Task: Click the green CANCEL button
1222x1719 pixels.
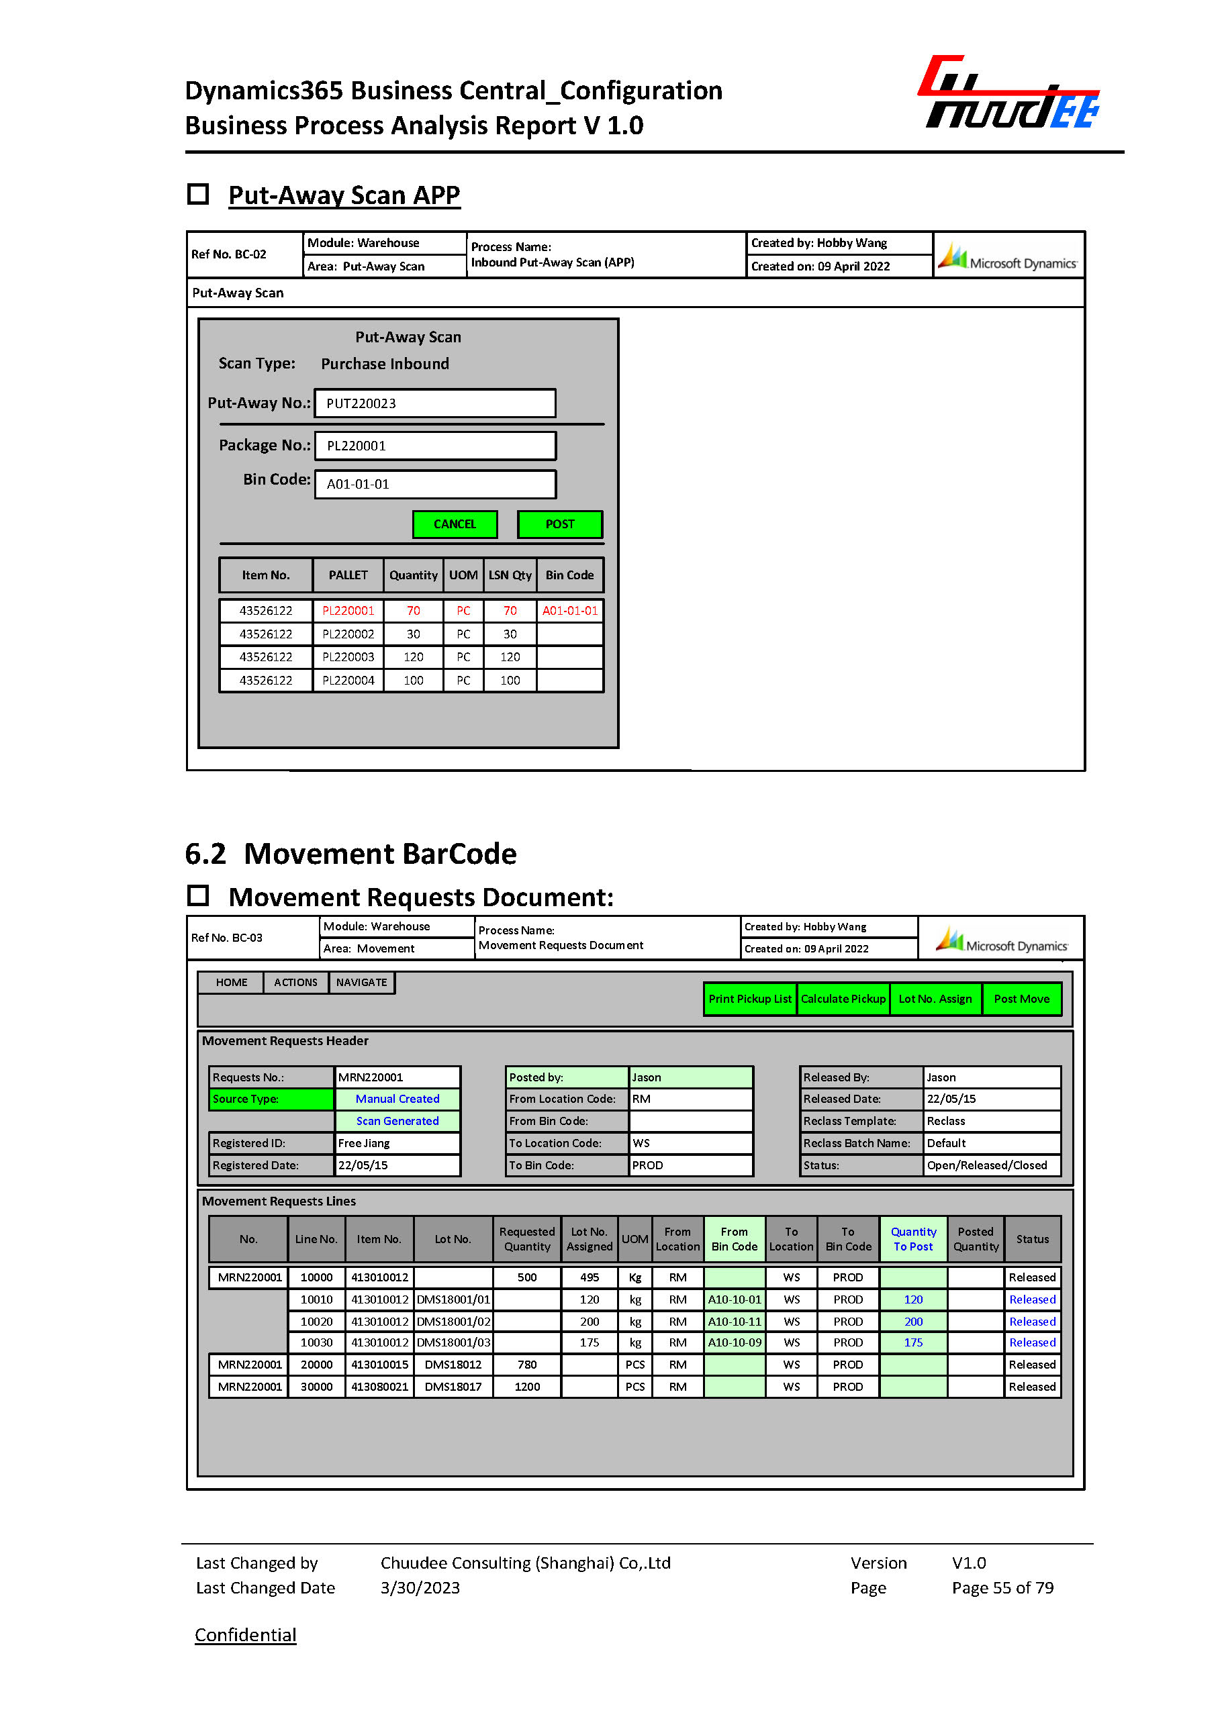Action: pos(455,524)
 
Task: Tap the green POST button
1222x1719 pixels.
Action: pos(559,524)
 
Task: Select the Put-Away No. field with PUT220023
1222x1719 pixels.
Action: pos(435,403)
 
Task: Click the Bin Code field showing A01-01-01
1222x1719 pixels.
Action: pos(435,484)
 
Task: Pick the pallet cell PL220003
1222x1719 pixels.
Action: pos(348,656)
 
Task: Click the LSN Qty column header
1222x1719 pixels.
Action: pos(510,575)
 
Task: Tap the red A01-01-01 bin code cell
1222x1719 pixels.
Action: pos(569,611)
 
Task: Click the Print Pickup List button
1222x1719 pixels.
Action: pos(749,998)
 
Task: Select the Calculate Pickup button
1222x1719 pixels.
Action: pos(843,998)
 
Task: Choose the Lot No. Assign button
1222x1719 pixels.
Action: pos(935,998)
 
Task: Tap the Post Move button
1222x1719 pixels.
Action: pos(1021,998)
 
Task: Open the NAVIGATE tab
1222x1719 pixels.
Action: pos(361,983)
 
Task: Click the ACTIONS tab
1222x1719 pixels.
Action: pos(295,983)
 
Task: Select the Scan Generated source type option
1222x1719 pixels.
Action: pos(397,1121)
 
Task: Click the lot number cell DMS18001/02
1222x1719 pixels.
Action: pos(453,1321)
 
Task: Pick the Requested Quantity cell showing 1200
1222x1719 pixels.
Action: pos(526,1387)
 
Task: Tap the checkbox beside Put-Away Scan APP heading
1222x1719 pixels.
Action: pos(198,194)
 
